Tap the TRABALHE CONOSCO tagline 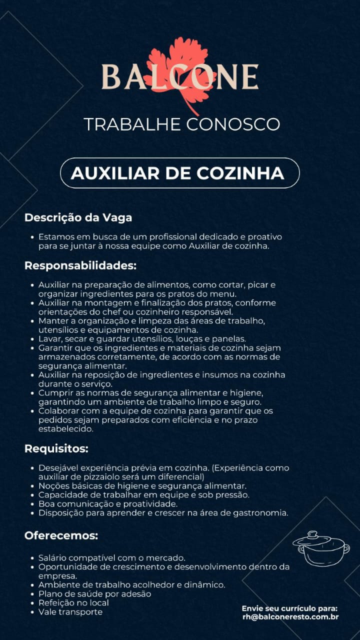tap(181, 124)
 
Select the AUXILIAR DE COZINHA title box tap(179, 173)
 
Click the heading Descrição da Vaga tap(78, 218)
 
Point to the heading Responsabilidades tap(80, 265)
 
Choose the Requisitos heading tap(56, 448)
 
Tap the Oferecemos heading tap(61, 536)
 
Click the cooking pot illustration tap(321, 548)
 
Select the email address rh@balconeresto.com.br tap(290, 617)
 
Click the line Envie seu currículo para tap(290, 608)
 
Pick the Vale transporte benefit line tap(70, 611)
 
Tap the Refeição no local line tap(73, 602)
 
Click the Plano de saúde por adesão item tap(94, 594)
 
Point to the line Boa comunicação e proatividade tap(108, 503)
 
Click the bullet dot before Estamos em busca tap(32, 236)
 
